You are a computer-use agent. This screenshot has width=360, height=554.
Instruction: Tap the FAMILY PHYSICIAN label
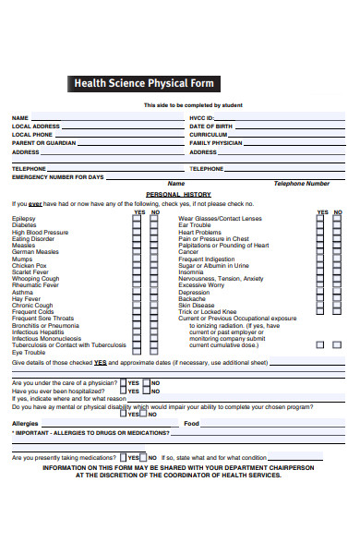tap(215, 143)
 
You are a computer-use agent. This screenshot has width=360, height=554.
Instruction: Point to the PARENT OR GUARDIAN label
tap(43, 143)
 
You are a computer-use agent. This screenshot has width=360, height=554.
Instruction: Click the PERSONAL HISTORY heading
tap(179, 195)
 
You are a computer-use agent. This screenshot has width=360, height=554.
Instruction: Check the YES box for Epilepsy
tap(137, 219)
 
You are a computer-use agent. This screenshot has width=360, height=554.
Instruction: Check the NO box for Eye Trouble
tap(151, 352)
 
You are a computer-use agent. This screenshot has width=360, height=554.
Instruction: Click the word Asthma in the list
tap(22, 292)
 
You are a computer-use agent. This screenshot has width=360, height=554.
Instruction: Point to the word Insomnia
tap(191, 271)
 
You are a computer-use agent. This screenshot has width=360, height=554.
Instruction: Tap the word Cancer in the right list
tap(188, 251)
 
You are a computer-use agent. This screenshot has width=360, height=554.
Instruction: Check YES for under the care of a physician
tap(123, 382)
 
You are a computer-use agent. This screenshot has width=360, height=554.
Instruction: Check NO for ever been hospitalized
tap(145, 391)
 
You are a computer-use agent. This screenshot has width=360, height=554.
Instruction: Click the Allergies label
tap(25, 423)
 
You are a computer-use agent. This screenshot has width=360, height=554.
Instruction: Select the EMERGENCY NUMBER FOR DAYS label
tap(57, 176)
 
